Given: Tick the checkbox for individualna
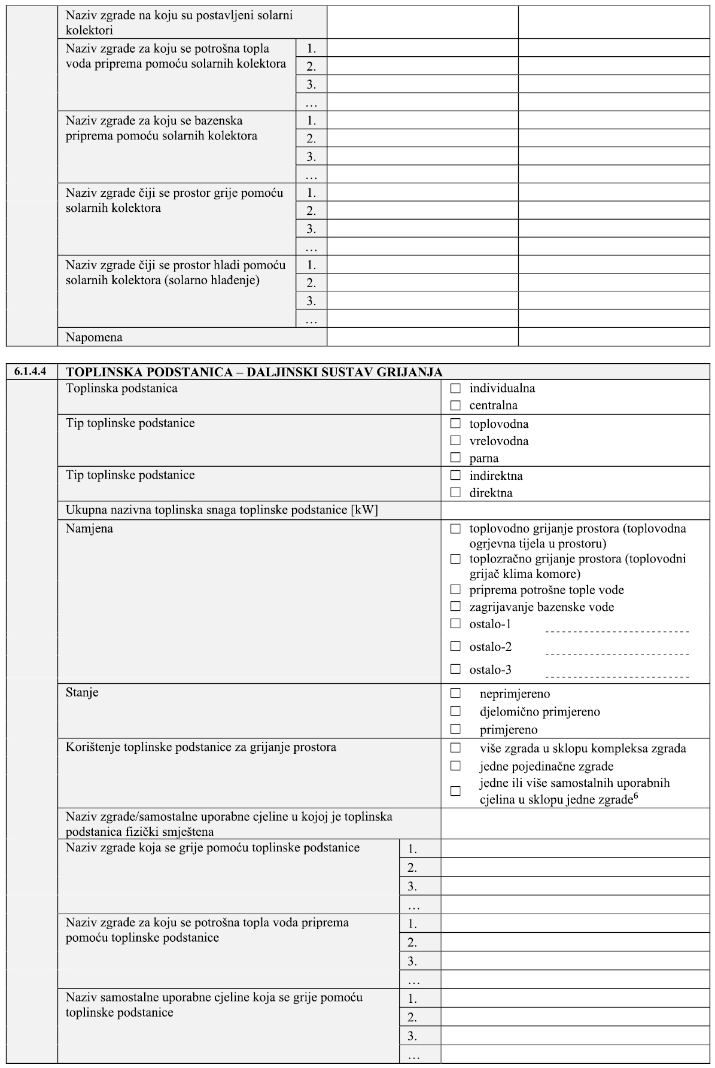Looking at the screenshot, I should pyautogui.click(x=456, y=388).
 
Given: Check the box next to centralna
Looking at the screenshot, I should pyautogui.click(x=456, y=406).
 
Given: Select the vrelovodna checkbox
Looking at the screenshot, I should pyautogui.click(x=456, y=440).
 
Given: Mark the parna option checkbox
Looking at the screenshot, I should pyautogui.click(x=456, y=458).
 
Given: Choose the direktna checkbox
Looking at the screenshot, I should pyautogui.click(x=456, y=492).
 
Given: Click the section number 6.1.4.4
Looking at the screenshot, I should pyautogui.click(x=31, y=372).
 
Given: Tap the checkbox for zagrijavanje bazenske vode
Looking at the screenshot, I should pyautogui.click(x=456, y=606).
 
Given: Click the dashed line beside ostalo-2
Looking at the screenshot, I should pyautogui.click(x=617, y=654).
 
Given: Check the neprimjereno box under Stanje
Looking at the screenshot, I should pyautogui.click(x=456, y=693).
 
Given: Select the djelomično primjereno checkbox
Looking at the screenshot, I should pyautogui.click(x=456, y=711).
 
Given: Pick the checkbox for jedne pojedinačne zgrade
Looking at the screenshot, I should pyautogui.click(x=456, y=765).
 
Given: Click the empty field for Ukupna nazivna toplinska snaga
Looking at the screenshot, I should pyautogui.click(x=574, y=510).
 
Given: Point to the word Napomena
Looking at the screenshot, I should pyautogui.click(x=94, y=337).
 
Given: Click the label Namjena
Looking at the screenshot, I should pyautogui.click(x=89, y=528).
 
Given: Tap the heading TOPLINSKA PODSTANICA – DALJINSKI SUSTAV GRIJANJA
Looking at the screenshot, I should pyautogui.click(x=254, y=372).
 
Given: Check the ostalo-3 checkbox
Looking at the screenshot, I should pyautogui.click(x=456, y=669).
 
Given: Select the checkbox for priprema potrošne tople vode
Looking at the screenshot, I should pyautogui.click(x=456, y=589).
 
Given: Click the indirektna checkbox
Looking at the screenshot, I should pyautogui.click(x=456, y=475).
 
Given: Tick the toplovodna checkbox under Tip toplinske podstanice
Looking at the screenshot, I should pyautogui.click(x=456, y=423).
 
